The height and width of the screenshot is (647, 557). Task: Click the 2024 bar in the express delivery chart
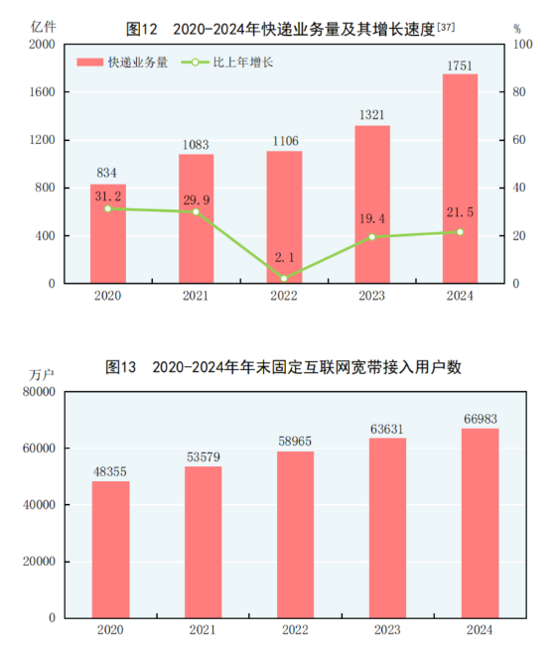pyautogui.click(x=460, y=179)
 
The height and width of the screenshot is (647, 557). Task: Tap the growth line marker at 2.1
pyautogui.click(x=284, y=278)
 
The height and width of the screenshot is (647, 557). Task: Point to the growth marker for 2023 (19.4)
pyautogui.click(x=372, y=237)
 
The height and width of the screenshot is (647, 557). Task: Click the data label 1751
pyautogui.click(x=460, y=65)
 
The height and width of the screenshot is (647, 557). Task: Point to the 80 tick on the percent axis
pyautogui.click(x=523, y=92)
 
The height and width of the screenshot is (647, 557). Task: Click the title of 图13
pyautogui.click(x=283, y=367)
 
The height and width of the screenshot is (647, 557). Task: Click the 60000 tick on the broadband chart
pyautogui.click(x=37, y=449)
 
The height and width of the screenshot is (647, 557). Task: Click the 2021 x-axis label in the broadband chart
pyautogui.click(x=203, y=630)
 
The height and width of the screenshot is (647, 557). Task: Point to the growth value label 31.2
pyautogui.click(x=107, y=196)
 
